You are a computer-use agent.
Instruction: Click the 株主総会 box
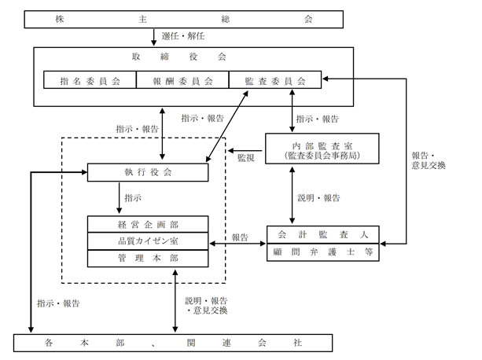183,20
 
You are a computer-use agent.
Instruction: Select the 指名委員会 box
90,80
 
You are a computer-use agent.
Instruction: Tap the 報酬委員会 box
182,80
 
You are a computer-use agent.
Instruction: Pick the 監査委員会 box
275,80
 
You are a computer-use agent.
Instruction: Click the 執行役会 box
148,172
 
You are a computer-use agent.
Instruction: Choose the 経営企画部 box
148,224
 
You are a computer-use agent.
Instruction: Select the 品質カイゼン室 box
148,241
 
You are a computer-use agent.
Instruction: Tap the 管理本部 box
148,259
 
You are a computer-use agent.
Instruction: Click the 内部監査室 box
322,149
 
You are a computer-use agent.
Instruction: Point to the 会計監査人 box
323,235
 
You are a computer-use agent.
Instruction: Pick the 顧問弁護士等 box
323,252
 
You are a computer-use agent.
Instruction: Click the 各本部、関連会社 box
173,343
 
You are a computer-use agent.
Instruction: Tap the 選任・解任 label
183,36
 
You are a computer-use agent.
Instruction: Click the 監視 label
246,158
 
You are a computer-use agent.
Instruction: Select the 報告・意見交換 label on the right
429,160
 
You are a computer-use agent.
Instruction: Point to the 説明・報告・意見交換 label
206,306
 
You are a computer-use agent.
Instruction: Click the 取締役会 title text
179,57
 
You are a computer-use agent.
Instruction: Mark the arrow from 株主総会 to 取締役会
153,37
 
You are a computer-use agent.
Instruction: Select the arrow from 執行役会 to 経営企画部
120,198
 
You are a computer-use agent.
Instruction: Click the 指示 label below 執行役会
133,198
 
